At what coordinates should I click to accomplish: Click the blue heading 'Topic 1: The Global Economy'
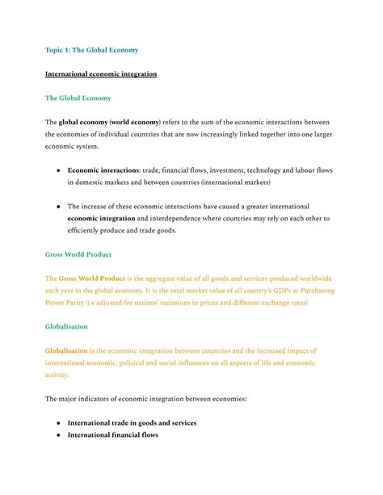click(91, 50)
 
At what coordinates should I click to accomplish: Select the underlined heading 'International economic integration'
click(101, 74)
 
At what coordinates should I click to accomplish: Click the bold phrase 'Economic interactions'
click(103, 170)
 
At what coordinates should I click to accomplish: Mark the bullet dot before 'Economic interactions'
click(58, 171)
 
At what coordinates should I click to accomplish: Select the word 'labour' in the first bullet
click(303, 170)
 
